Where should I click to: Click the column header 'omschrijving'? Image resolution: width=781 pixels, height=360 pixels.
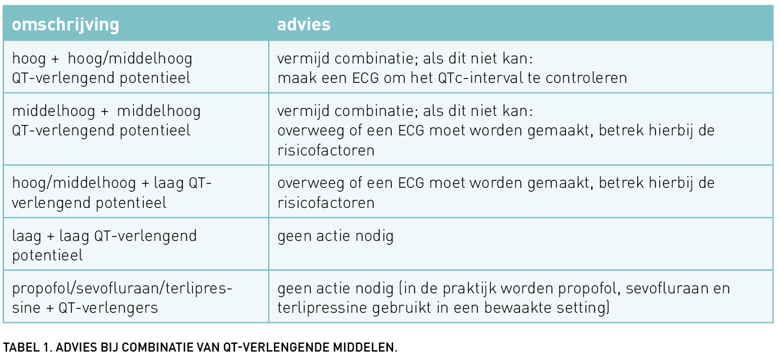click(x=65, y=25)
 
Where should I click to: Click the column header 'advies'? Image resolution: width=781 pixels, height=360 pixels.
click(x=304, y=25)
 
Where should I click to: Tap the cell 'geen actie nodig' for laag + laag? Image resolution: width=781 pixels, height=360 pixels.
click(x=335, y=236)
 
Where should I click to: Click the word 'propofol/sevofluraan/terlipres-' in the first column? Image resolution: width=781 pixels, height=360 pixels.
click(x=122, y=289)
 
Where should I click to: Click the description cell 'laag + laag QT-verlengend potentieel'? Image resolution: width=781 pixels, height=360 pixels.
click(x=104, y=245)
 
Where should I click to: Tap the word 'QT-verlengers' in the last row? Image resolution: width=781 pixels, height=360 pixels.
click(x=108, y=308)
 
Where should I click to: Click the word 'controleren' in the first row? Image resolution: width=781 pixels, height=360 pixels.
click(x=586, y=78)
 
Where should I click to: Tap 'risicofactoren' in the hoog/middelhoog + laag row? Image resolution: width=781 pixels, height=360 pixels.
click(x=326, y=203)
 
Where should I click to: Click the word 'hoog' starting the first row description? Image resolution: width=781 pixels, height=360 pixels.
click(x=28, y=59)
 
